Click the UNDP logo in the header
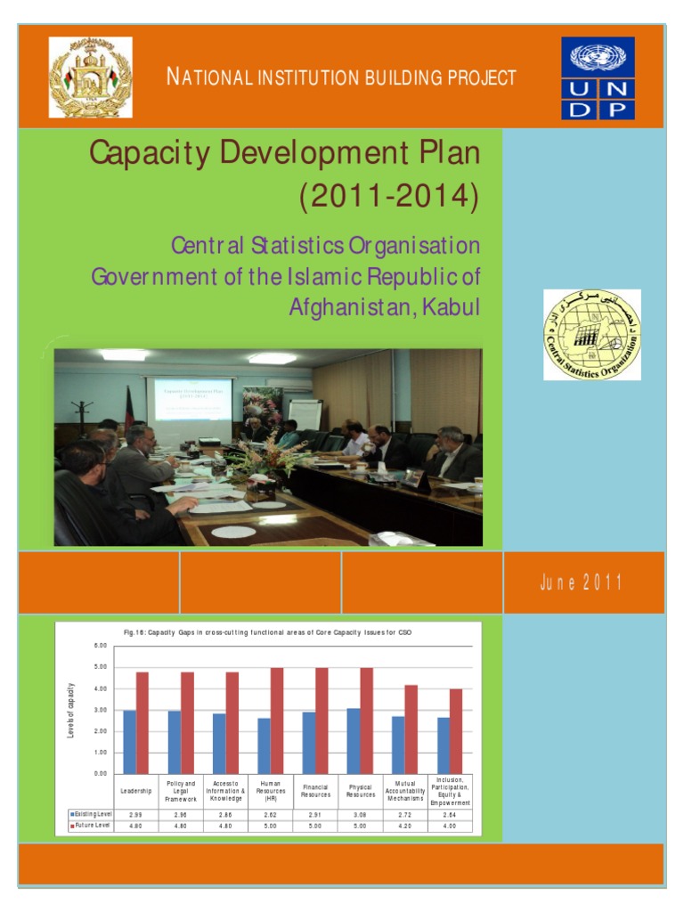coord(598,78)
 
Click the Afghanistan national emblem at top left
coord(90,77)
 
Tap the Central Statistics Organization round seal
coord(592,335)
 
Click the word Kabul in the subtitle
coord(451,307)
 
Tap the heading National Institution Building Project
coord(341,77)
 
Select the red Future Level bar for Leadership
coord(142,722)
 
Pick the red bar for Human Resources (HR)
coord(277,721)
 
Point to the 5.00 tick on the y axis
coord(101,667)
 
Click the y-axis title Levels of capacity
coord(71,709)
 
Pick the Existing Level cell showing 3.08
coord(360,814)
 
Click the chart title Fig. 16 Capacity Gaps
coord(268,631)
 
